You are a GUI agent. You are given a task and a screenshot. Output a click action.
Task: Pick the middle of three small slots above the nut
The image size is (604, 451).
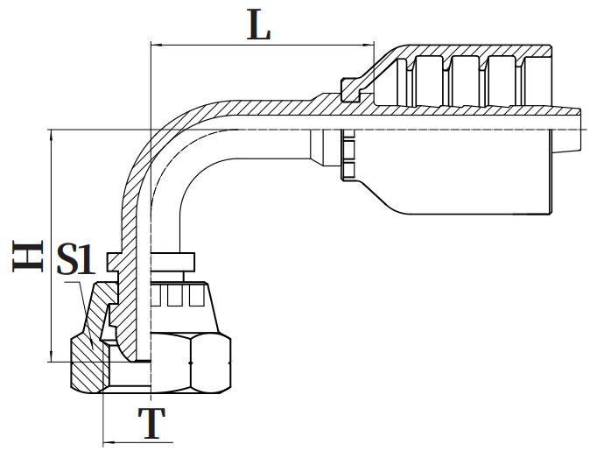(173, 298)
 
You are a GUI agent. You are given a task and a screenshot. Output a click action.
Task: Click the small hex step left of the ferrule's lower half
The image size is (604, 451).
(348, 158)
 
